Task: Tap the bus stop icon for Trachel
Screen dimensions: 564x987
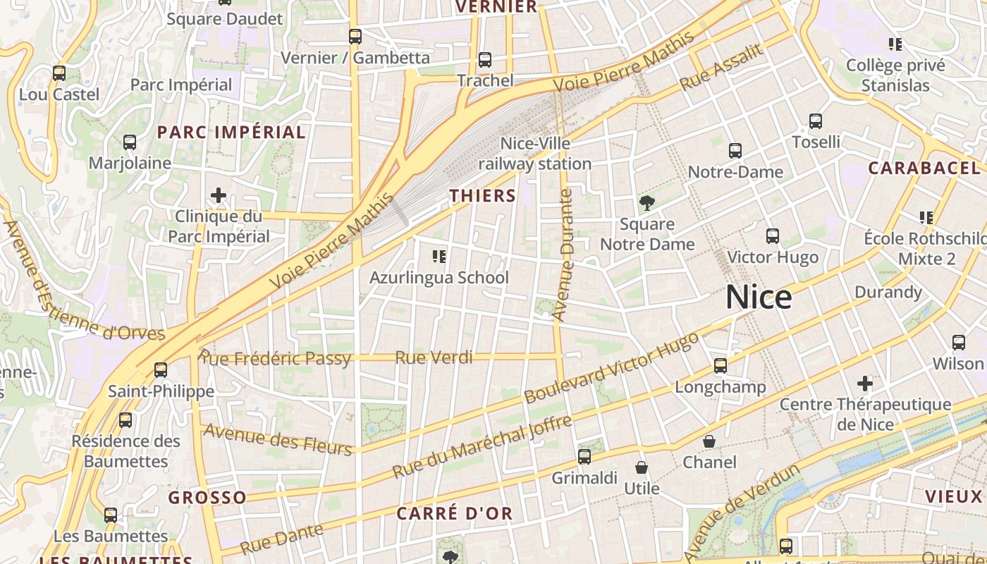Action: tap(484, 60)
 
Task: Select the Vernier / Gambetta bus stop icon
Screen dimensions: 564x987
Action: tap(355, 37)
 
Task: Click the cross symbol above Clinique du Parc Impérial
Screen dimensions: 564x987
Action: tap(219, 195)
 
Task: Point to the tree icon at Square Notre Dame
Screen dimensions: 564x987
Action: tap(646, 204)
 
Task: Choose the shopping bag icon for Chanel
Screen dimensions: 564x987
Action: tap(709, 441)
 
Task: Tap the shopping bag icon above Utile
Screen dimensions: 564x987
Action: tap(642, 467)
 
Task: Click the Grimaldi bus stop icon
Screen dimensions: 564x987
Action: tap(584, 457)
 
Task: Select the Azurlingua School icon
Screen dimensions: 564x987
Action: tap(439, 256)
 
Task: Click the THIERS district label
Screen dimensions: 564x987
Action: tap(483, 195)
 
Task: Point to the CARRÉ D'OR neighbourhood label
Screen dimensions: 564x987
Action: tap(454, 513)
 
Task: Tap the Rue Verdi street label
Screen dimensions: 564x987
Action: tap(434, 357)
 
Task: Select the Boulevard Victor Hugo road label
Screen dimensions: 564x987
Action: tap(612, 368)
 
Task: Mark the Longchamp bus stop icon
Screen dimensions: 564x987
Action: tap(720, 366)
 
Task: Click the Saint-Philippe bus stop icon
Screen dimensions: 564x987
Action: tap(161, 369)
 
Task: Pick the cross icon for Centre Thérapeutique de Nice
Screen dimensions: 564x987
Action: tap(865, 384)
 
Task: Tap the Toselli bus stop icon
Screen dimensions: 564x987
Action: tap(816, 121)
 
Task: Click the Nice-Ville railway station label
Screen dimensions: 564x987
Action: tap(535, 154)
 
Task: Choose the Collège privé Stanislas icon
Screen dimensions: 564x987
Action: tap(895, 44)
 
